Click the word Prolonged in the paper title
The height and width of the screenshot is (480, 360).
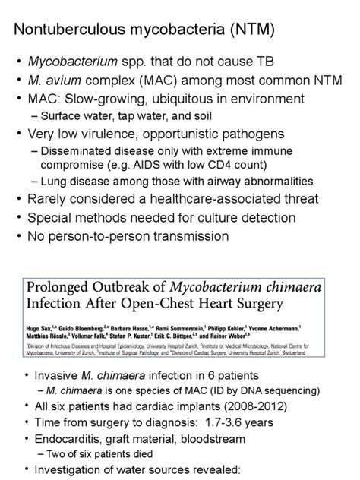(x=67, y=289)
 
